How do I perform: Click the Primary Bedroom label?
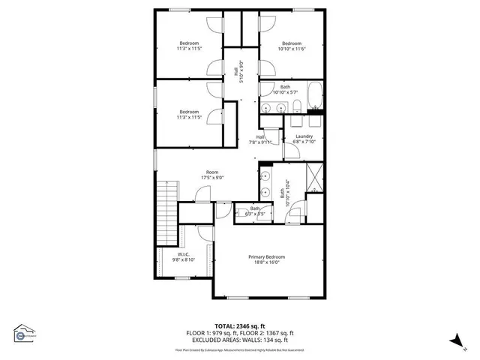tap(267, 256)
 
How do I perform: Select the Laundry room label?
tap(304, 136)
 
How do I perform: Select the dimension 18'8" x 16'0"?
tap(267, 262)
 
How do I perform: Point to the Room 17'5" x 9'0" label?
tap(213, 175)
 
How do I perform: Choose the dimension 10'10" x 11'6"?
tap(291, 49)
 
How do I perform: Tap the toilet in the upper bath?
tap(297, 106)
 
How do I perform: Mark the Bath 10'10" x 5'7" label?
tap(286, 89)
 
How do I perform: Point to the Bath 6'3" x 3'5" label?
tap(255, 211)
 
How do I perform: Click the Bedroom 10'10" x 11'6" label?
tap(291, 46)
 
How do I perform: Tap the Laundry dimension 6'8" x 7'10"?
tap(304, 141)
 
